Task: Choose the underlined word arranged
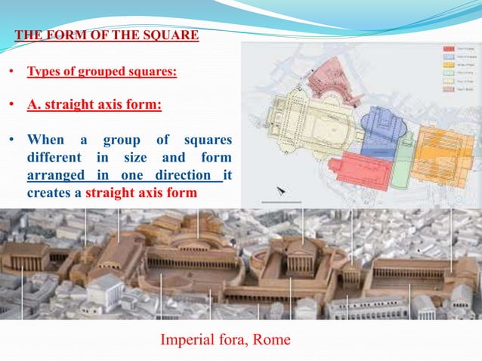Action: [59, 176]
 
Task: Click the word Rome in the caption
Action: [271, 341]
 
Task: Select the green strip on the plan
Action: [407, 140]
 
